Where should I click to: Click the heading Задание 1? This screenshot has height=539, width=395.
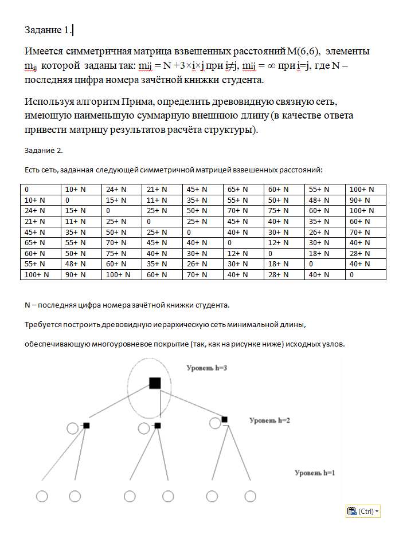[49, 30]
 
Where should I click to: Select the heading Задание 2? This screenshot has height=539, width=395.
[44, 150]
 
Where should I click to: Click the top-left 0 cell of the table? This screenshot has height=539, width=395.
[27, 190]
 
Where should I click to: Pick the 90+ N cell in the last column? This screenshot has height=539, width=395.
[359, 200]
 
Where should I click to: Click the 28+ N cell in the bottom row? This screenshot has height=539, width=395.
[276, 274]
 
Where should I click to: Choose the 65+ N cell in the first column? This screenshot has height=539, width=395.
[35, 243]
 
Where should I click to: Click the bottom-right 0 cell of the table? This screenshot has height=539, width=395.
[353, 274]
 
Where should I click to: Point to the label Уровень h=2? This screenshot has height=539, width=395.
[270, 420]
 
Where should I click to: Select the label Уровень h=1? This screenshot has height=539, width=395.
[314, 473]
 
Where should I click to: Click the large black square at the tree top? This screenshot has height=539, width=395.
[155, 383]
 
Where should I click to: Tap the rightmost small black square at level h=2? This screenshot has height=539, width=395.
[225, 420]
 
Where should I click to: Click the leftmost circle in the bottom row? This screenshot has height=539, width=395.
[41, 496]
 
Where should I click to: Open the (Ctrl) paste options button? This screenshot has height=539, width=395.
[363, 512]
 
